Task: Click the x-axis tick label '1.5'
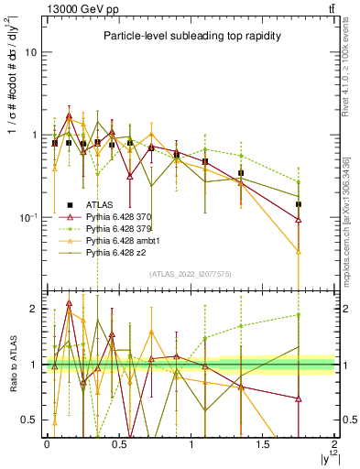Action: [x=262, y=445]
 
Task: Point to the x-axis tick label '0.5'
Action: [x=118, y=445]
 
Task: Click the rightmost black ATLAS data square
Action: [x=299, y=203]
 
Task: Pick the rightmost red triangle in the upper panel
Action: [x=299, y=220]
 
